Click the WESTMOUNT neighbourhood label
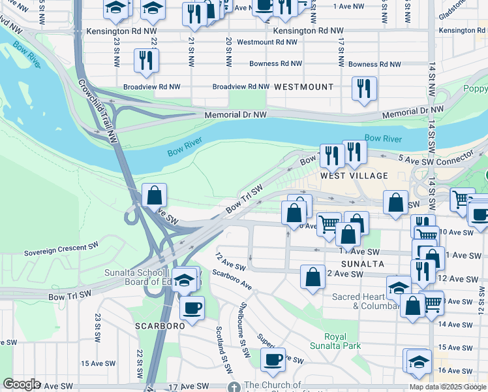pyautogui.click(x=303, y=87)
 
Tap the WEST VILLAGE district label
pyautogui.click(x=354, y=176)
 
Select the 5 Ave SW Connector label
pyautogui.click(x=435, y=158)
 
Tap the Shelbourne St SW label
pyautogui.click(x=243, y=330)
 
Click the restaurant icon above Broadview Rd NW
pyautogui.click(x=145, y=59)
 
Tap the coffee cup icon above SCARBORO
pyautogui.click(x=192, y=307)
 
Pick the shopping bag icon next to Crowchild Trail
pyautogui.click(x=154, y=194)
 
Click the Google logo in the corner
pyautogui.click(x=22, y=384)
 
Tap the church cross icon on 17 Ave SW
pyautogui.click(x=234, y=387)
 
